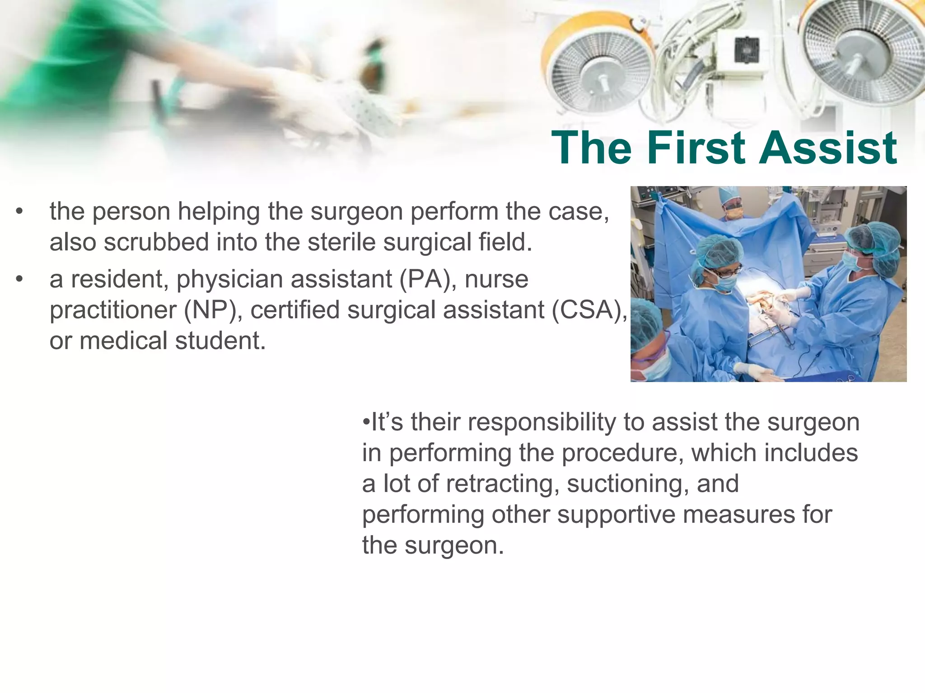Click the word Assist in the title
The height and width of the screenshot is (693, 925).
(x=827, y=148)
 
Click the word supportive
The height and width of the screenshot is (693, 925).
(x=616, y=515)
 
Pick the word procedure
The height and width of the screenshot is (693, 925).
(x=622, y=453)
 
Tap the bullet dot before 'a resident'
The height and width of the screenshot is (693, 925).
(x=19, y=280)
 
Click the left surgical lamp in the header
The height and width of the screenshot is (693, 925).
(x=601, y=72)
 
